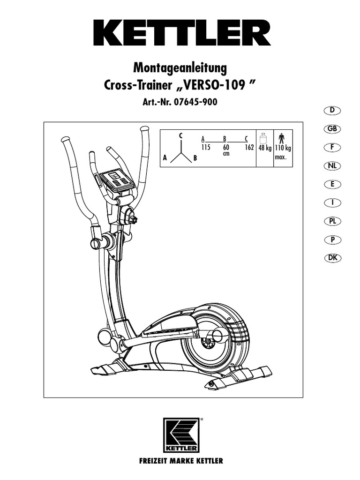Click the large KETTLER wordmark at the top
[x=180, y=32]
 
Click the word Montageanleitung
[x=180, y=68]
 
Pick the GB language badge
[x=332, y=129]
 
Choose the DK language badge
[x=332, y=258]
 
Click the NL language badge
[x=332, y=166]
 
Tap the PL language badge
[x=332, y=221]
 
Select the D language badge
[x=332, y=110]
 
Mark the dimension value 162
[x=249, y=147]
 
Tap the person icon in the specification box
[x=281, y=139]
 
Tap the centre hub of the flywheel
[x=206, y=343]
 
